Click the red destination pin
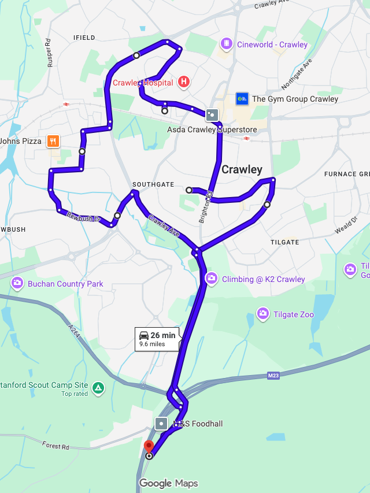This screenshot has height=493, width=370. pos(149,447)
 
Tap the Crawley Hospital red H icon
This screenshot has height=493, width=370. pos(184,82)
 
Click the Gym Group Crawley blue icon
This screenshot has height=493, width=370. pos(242,99)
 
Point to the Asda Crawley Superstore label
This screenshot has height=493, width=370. pos(212,129)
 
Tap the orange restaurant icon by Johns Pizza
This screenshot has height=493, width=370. pos(53,140)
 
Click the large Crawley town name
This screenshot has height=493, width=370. pos(242,170)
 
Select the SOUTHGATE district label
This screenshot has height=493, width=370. pos(153,184)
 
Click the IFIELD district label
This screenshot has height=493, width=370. pos(84,38)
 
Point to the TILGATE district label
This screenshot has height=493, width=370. pos(284,242)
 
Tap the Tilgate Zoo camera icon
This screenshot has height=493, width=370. pos(263,313)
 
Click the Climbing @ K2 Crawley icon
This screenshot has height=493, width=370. pos(211,279)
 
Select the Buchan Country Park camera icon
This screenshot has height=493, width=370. pos(17,283)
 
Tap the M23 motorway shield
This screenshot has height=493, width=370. pos(273,376)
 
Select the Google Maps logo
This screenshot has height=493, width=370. pos(168,484)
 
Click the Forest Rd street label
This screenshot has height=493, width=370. pos(55,446)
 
